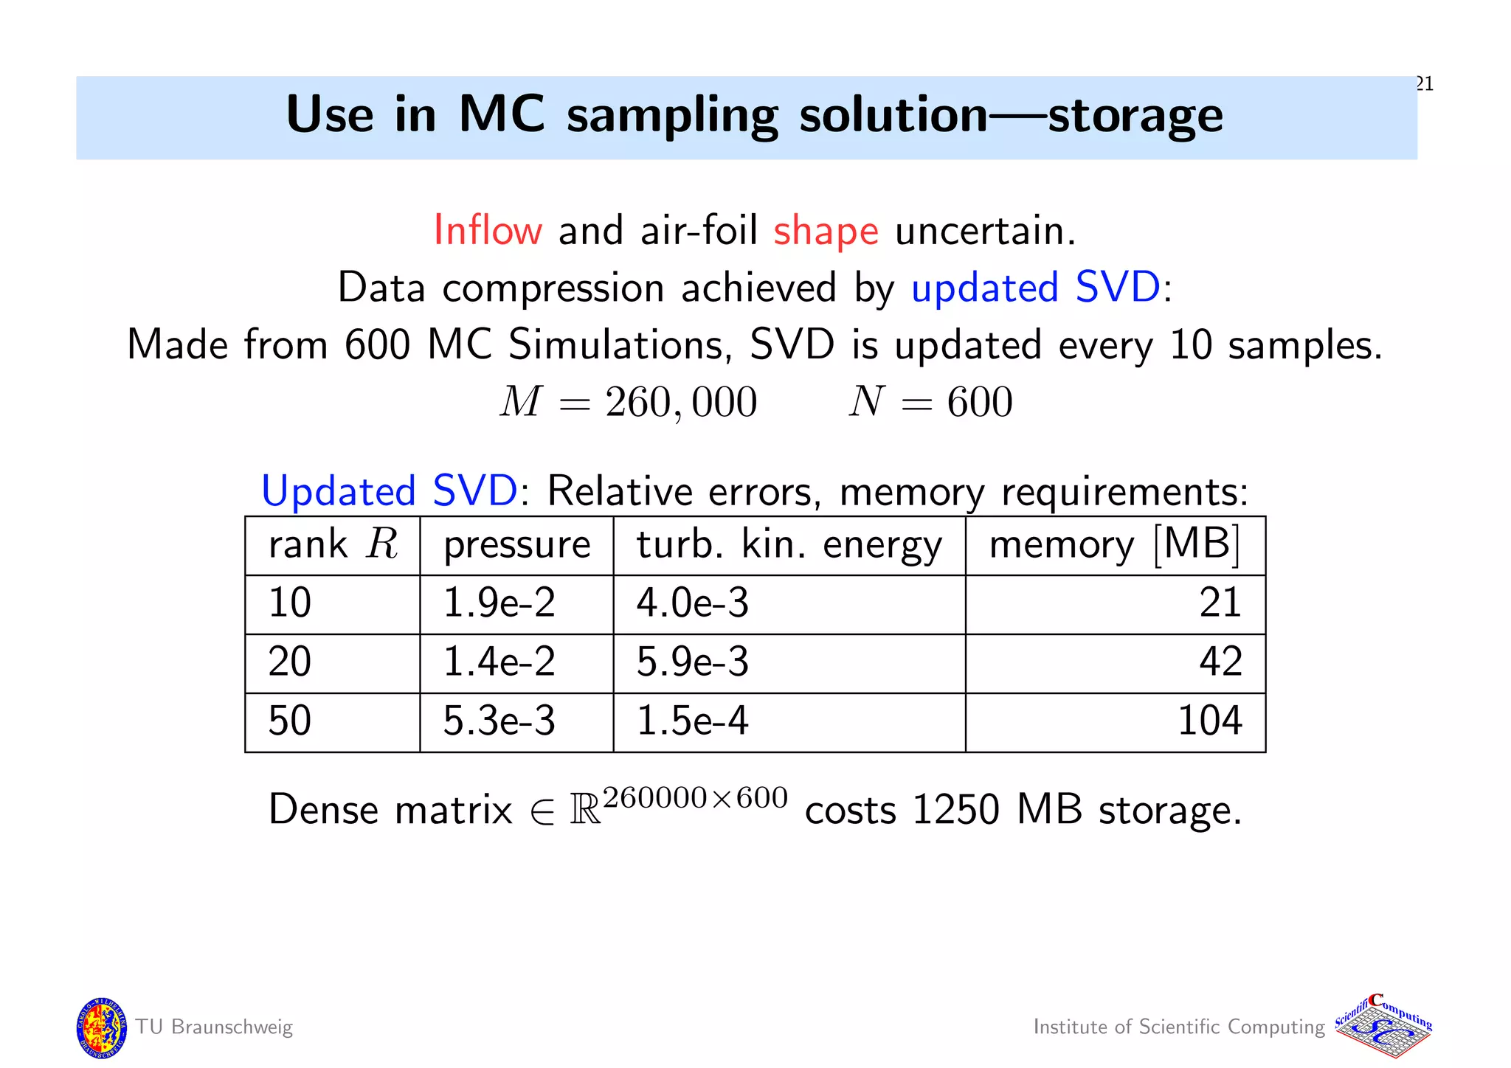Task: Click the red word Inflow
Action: point(488,230)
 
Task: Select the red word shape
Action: point(826,232)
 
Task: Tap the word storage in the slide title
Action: point(1135,116)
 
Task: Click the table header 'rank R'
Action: point(333,545)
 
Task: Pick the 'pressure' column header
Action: point(516,545)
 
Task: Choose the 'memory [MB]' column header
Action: point(1114,545)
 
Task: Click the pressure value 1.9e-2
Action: point(499,603)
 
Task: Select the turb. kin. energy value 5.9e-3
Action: point(692,662)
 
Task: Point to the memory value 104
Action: point(1209,721)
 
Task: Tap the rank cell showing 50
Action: point(289,721)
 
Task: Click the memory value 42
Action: point(1220,662)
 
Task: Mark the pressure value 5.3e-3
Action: point(499,721)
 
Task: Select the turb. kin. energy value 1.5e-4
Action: point(692,721)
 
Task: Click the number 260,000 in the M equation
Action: point(681,403)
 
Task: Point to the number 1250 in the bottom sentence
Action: point(955,810)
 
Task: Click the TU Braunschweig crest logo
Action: point(101,1027)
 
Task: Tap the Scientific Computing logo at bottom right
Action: point(1383,1027)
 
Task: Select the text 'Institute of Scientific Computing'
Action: point(1179,1027)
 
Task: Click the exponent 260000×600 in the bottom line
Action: point(695,798)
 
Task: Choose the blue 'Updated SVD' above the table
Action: point(390,491)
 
